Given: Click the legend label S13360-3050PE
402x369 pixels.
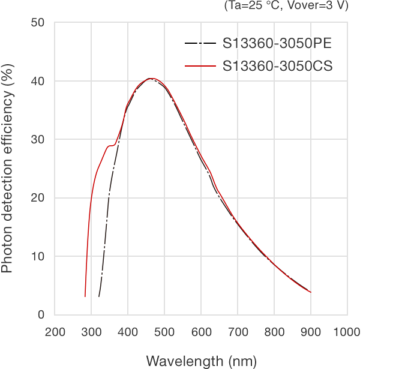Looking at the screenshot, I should point(277,44).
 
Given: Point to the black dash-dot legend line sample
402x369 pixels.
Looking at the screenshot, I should point(200,44).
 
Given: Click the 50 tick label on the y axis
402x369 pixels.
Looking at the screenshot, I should point(38,23).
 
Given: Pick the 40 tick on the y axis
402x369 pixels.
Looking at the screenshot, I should point(38,81).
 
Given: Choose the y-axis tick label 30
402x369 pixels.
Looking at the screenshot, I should point(38,139).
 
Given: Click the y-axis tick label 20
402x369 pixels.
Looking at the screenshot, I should point(38,198).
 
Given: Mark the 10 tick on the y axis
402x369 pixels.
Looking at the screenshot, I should point(38,256).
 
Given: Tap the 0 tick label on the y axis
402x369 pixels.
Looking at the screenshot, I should point(41,314).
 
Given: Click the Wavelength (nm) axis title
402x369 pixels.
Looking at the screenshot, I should point(201,361).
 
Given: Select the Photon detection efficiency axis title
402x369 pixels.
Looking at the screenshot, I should point(8,170).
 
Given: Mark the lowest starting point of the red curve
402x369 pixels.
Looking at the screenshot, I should point(85,296).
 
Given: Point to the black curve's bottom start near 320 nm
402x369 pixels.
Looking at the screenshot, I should point(99,296).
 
